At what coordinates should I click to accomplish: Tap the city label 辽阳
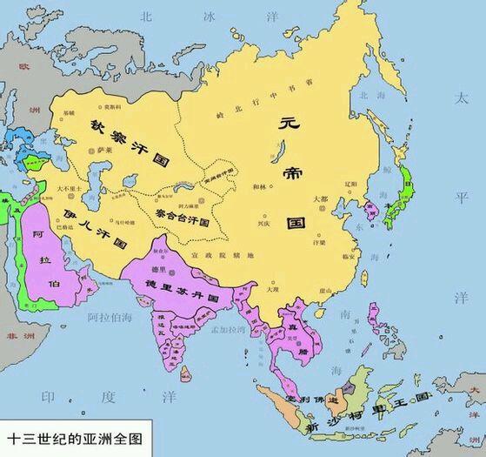[x=350, y=184]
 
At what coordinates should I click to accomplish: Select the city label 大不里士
[x=69, y=188]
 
